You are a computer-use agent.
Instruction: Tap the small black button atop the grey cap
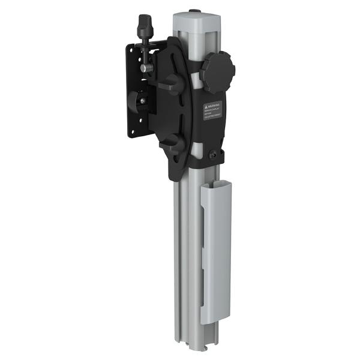click(194, 11)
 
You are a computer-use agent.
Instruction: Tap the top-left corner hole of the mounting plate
click(131, 50)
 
